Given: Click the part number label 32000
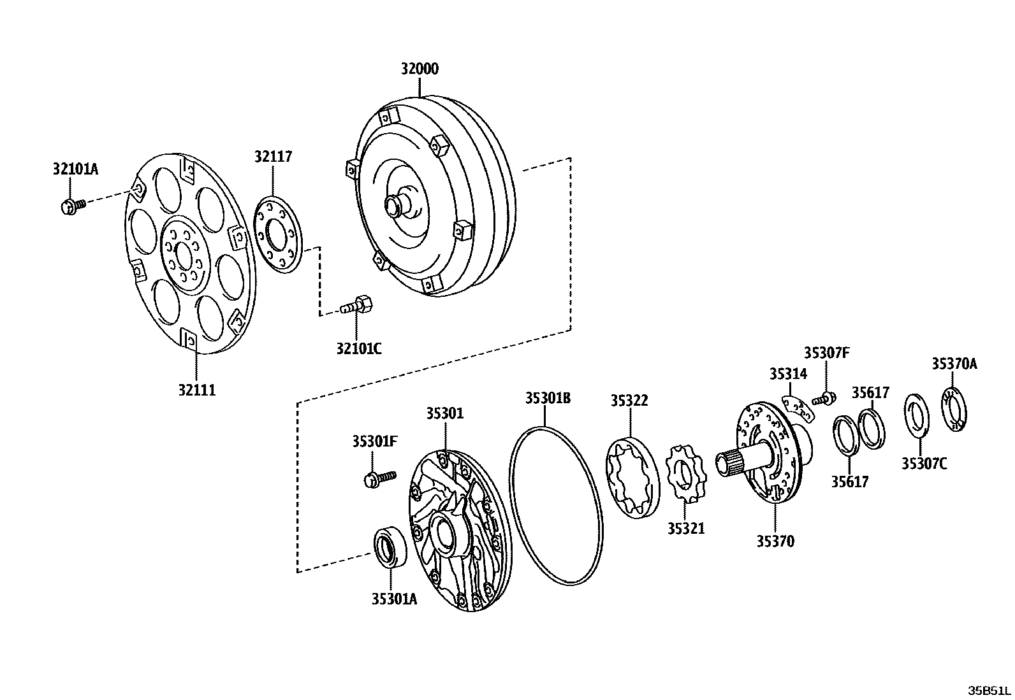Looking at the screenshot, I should tap(420, 69).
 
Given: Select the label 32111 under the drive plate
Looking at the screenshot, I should tap(196, 390).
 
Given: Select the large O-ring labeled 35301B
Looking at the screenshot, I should tap(555, 506).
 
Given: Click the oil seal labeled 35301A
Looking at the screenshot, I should tap(388, 547).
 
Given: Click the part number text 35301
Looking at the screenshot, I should tap(445, 414).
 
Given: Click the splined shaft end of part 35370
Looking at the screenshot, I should tap(731, 463).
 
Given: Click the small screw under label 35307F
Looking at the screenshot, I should tap(824, 399).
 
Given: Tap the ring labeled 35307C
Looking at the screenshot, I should tap(917, 416).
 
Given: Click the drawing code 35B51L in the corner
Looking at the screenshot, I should tap(989, 690).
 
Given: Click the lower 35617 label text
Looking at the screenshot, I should tap(849, 482).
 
